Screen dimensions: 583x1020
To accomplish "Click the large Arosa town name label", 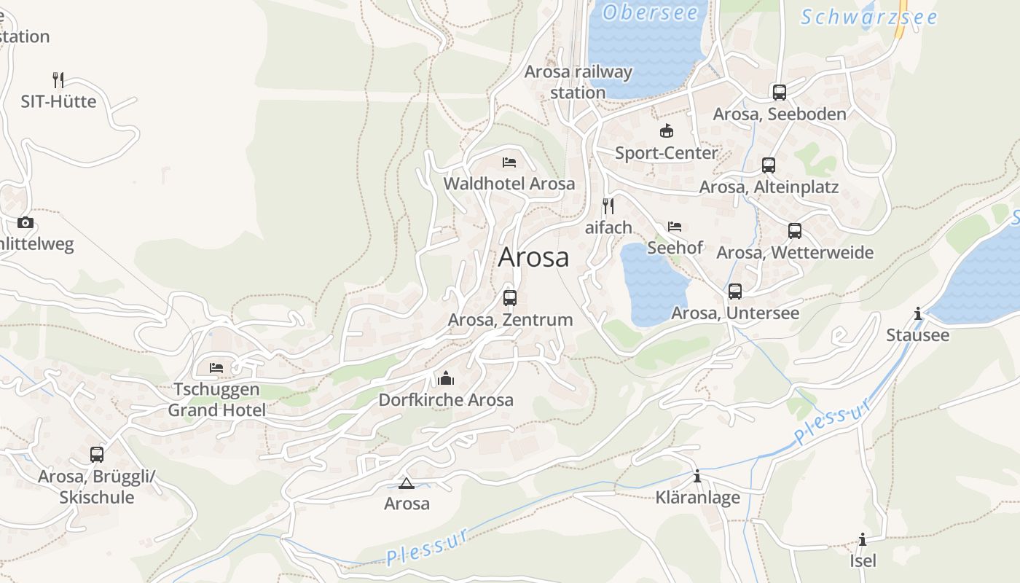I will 533,257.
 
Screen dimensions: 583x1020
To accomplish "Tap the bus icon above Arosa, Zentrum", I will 510,297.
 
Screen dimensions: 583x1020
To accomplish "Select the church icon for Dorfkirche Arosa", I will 446,377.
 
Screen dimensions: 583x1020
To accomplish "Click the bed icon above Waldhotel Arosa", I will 509,162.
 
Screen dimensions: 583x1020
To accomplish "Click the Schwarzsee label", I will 868,17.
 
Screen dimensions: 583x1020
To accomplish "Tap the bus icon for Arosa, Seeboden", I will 780,92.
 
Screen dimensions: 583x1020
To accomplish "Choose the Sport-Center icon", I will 666,131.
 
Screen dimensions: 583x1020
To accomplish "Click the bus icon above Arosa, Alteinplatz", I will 769,165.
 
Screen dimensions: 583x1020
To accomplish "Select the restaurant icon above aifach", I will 608,206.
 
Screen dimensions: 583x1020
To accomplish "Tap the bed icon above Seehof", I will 675,226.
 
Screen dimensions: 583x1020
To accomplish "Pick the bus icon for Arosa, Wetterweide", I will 795,231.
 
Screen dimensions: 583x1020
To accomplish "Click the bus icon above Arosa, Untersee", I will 735,291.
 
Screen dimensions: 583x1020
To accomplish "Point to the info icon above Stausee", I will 917,313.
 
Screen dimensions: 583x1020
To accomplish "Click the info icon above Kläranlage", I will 697,476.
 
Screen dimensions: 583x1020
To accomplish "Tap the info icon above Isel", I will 863,539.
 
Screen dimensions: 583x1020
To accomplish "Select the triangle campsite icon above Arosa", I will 407,482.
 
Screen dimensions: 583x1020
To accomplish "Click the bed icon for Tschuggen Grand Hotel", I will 216,367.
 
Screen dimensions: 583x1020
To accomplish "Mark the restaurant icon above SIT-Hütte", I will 58,79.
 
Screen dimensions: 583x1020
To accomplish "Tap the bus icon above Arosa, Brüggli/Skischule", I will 97,455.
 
